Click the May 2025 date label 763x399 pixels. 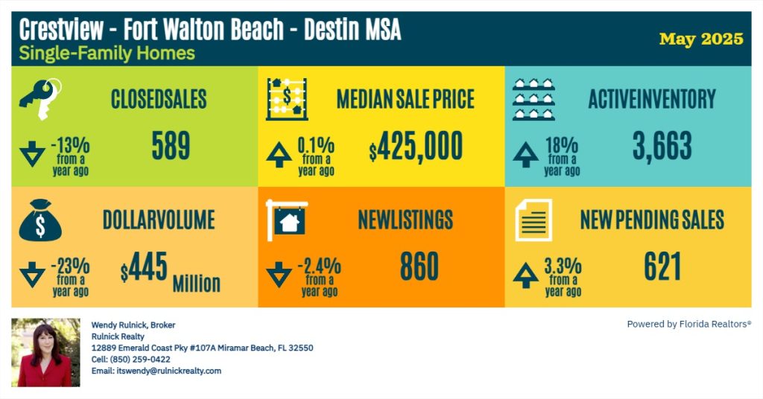701,39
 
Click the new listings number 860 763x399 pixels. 419,266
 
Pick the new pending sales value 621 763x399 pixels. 662,266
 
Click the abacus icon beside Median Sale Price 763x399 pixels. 287,99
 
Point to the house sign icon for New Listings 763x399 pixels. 286,219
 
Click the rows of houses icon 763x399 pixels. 533,99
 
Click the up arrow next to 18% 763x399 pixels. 526,155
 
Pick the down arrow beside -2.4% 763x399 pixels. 279,275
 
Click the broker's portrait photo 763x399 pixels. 45,353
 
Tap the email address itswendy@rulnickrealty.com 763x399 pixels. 156,371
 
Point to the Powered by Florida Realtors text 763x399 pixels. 688,324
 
